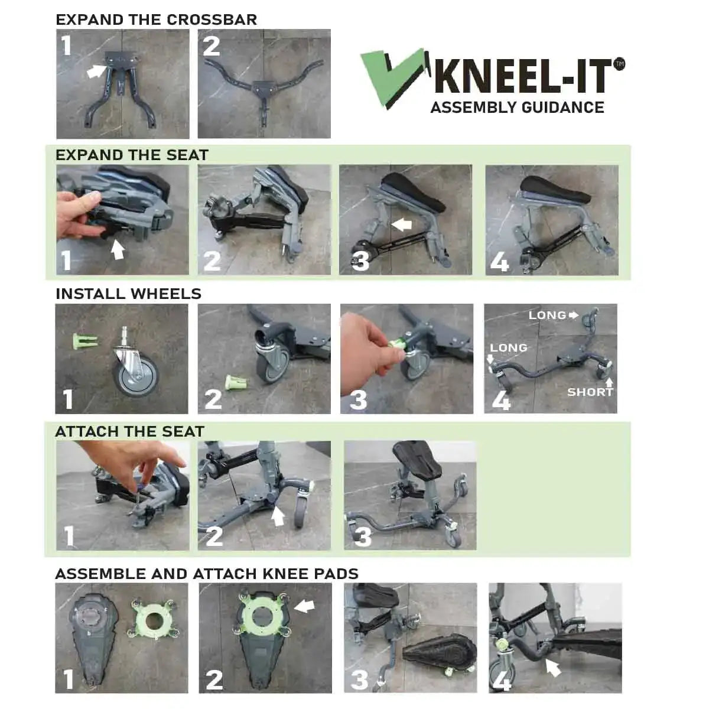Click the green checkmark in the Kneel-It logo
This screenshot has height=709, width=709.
point(390,80)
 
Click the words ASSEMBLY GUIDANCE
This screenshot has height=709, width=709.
point(517,108)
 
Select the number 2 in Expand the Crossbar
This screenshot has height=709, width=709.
point(211,46)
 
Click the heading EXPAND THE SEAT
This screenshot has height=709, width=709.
point(132,155)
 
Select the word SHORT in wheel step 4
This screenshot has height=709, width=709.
point(590,392)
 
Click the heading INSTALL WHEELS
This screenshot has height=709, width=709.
point(128,294)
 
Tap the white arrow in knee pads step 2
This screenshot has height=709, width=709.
point(304,606)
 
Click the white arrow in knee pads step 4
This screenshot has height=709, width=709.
point(552,668)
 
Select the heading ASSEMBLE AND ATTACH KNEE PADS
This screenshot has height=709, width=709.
point(206,574)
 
